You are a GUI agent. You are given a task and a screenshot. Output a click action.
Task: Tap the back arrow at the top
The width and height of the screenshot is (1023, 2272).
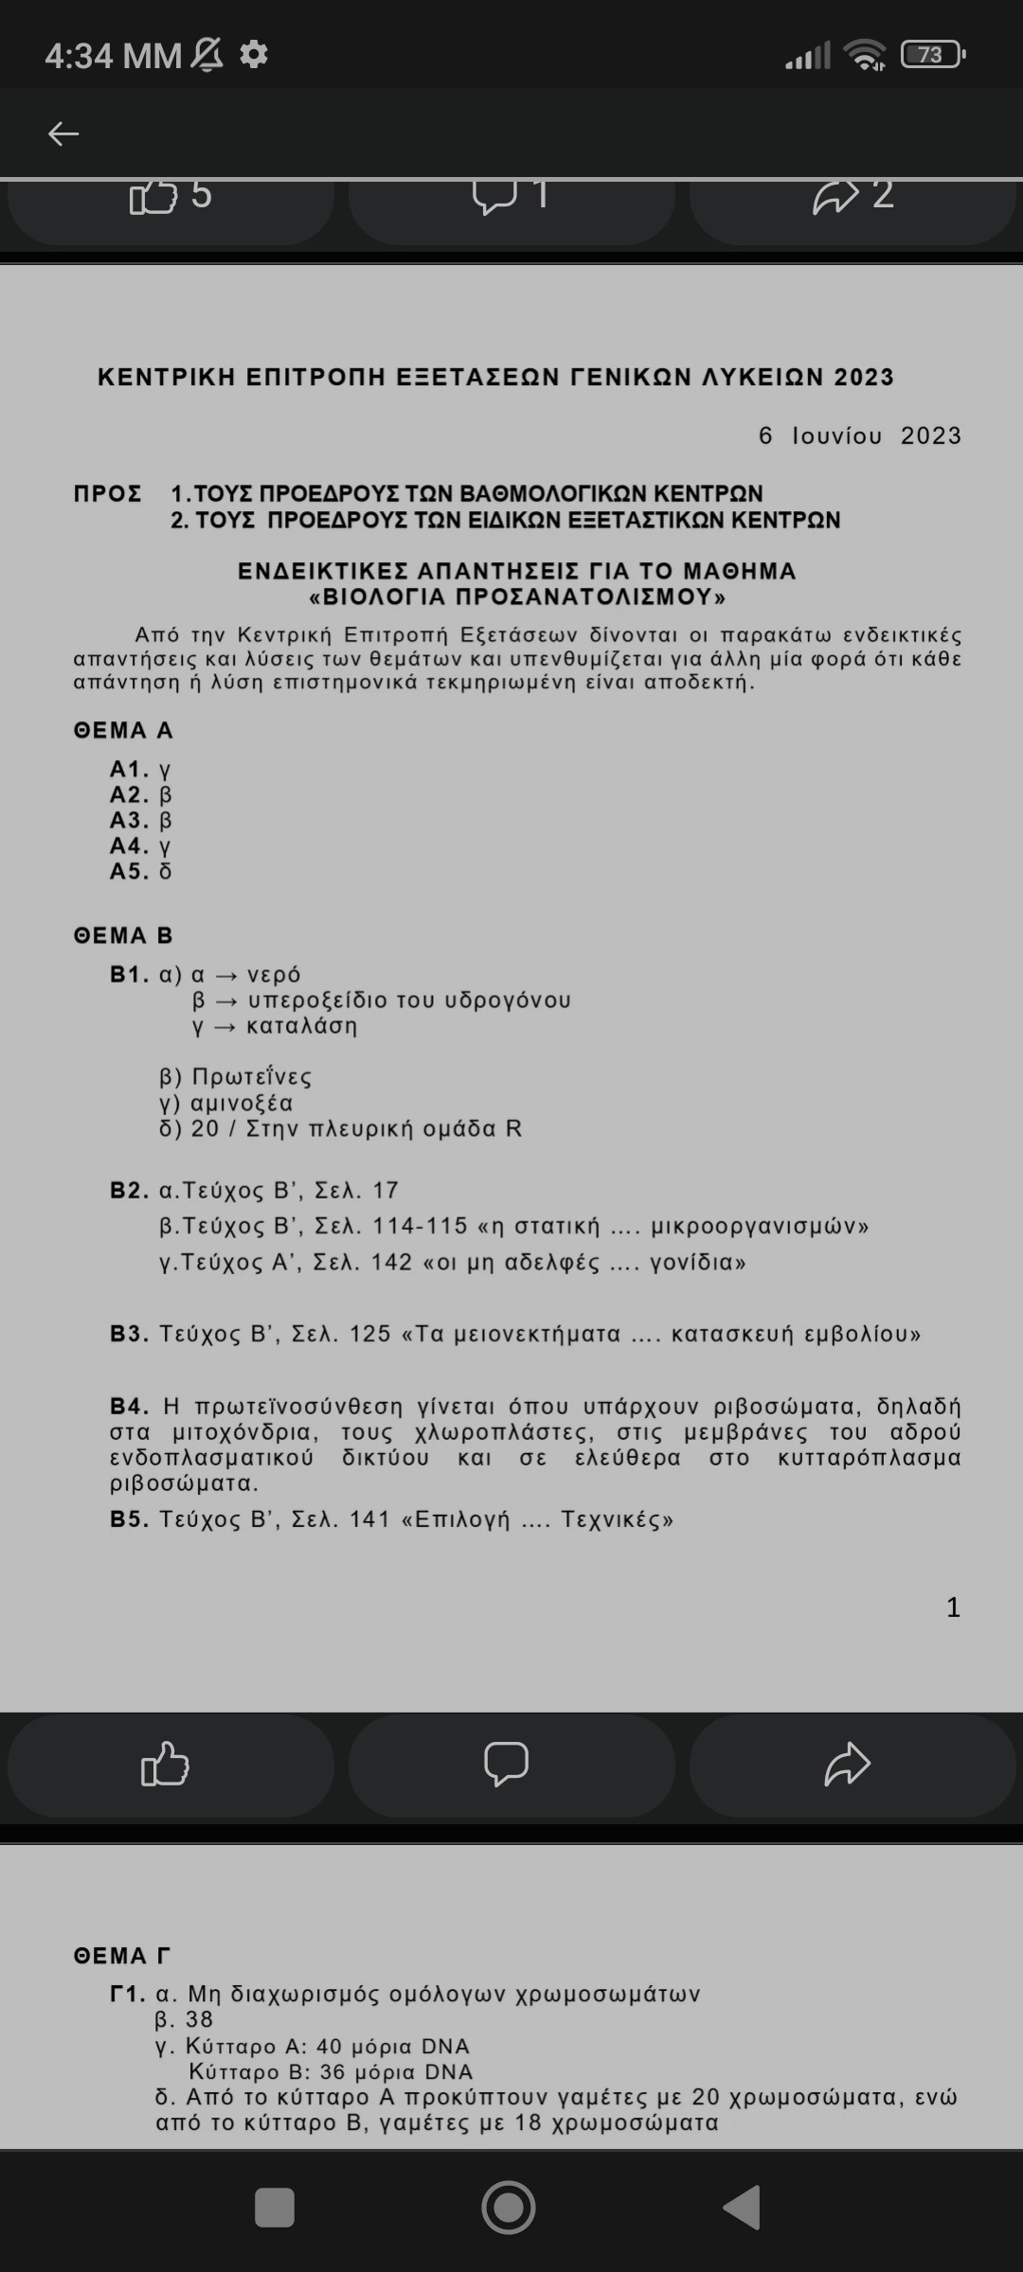click(63, 133)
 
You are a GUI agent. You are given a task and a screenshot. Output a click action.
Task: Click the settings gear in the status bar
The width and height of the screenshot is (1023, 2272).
click(253, 54)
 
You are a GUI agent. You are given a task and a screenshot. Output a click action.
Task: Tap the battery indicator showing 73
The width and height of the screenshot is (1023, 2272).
click(932, 55)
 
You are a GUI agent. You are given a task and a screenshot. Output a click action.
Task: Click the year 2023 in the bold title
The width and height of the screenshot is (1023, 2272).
click(864, 377)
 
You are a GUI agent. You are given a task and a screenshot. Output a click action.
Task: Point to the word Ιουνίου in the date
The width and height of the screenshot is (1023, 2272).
click(837, 435)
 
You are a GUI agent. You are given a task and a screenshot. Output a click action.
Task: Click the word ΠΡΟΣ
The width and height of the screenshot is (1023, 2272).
click(108, 493)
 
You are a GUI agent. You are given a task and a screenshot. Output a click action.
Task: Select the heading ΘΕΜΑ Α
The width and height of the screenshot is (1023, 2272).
click(123, 730)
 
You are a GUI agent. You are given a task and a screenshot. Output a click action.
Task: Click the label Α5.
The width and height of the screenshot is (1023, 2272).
click(129, 871)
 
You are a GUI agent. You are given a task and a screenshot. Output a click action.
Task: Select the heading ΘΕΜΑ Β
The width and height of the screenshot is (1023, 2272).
click(123, 935)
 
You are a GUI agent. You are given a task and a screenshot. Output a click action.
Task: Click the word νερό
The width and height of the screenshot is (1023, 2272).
click(274, 974)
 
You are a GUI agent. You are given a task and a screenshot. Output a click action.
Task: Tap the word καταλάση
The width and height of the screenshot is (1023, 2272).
click(302, 1025)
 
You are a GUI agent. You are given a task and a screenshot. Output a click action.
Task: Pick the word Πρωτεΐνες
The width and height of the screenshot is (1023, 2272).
click(252, 1076)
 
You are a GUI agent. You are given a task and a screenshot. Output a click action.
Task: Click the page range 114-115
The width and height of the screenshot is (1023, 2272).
click(420, 1226)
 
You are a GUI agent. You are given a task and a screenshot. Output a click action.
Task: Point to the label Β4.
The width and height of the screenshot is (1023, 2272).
click(129, 1406)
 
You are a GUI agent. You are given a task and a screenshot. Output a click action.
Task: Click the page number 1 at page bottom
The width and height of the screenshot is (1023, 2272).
click(953, 1606)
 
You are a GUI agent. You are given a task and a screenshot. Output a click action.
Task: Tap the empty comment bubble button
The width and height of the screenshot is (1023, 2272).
click(507, 1764)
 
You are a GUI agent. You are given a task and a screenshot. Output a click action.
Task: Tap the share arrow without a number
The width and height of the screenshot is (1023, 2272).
click(848, 1764)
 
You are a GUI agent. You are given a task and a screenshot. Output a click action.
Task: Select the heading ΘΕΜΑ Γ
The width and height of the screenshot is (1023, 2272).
click(122, 1956)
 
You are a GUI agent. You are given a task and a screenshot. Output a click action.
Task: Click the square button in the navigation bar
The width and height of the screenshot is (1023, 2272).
click(275, 2208)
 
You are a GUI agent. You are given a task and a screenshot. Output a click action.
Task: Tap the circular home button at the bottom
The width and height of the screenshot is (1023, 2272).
click(509, 2208)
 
